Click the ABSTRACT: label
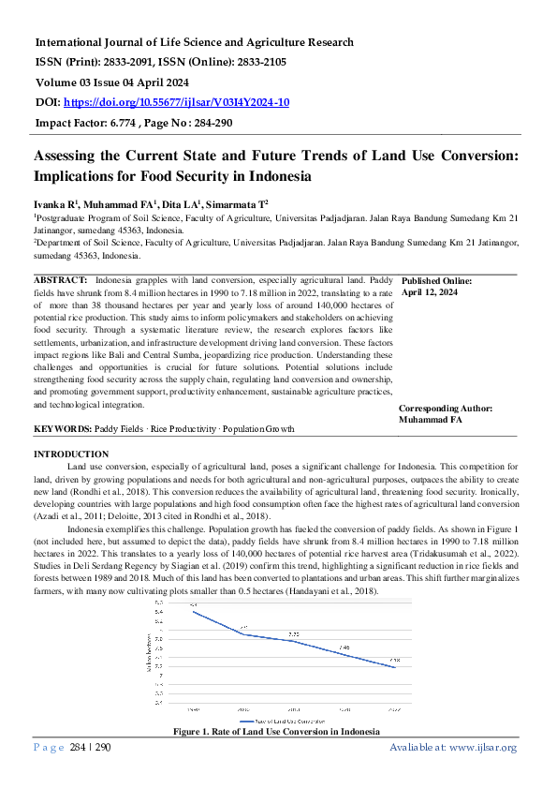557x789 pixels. [61, 280]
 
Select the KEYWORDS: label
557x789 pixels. [62, 428]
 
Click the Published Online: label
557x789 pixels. [435, 281]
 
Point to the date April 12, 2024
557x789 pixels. [429, 292]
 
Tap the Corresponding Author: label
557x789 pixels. [445, 409]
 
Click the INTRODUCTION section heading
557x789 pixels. [71, 454]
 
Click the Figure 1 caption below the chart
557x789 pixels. [276, 730]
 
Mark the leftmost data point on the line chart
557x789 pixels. [193, 611]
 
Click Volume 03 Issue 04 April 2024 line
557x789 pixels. [124, 82]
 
